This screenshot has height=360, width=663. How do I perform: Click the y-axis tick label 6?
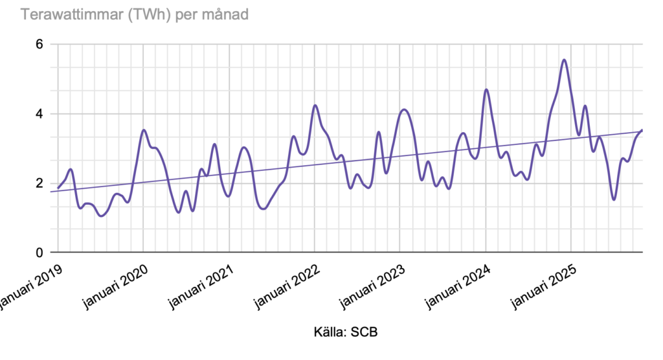pyautogui.click(x=39, y=45)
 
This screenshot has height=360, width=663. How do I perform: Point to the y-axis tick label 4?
pyautogui.click(x=39, y=114)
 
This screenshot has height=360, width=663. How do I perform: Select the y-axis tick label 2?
pyautogui.click(x=39, y=183)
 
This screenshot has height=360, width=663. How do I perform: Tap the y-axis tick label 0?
pyautogui.click(x=39, y=253)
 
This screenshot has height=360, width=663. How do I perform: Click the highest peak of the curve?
pyautogui.click(x=565, y=60)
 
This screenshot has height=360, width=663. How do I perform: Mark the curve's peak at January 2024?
pyautogui.click(x=486, y=89)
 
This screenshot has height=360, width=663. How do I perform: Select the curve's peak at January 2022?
pyautogui.click(x=315, y=105)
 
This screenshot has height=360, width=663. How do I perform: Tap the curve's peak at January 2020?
pyautogui.click(x=144, y=130)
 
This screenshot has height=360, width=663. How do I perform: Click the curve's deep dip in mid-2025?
pyautogui.click(x=614, y=199)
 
